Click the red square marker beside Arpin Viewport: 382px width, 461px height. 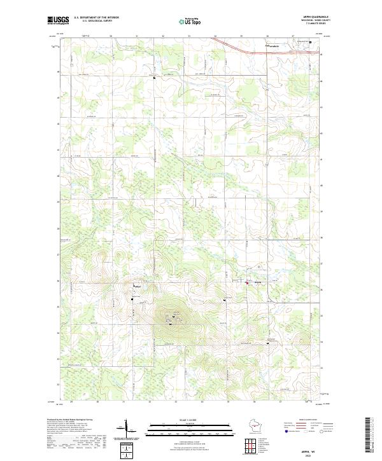tap(248, 284)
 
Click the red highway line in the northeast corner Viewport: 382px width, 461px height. tap(242, 50)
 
